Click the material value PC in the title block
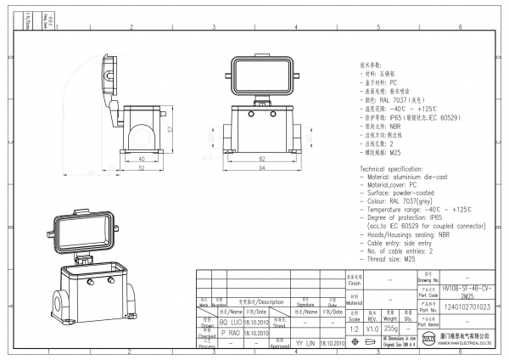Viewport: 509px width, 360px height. tap(389, 301)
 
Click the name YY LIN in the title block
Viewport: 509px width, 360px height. tap(305, 344)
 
